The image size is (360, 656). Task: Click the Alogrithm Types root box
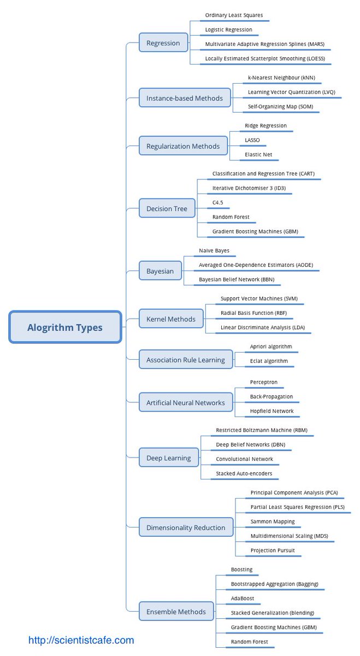[x=65, y=327]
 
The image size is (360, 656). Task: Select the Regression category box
[x=163, y=43]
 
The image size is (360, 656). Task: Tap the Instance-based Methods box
[x=184, y=98]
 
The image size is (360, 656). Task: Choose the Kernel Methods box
[x=170, y=319]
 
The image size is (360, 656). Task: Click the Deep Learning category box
[x=168, y=458]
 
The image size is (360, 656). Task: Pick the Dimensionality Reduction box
[x=185, y=528]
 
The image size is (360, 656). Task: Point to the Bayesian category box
[x=160, y=271]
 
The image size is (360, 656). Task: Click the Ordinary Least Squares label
[x=237, y=15]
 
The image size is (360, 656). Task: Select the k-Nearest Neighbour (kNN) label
[x=281, y=78]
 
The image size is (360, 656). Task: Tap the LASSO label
[x=252, y=140]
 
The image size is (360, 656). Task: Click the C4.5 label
[x=217, y=203]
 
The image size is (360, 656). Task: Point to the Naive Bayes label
[x=214, y=250]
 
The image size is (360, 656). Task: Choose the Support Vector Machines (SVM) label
[x=258, y=299]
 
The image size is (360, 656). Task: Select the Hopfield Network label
[x=272, y=411]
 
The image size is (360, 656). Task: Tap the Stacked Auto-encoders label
[x=244, y=473]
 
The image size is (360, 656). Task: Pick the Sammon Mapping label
[x=272, y=522]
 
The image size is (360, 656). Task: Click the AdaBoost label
[x=242, y=599]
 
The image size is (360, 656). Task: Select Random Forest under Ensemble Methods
[x=249, y=642]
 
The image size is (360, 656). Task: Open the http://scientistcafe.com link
[x=81, y=640]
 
